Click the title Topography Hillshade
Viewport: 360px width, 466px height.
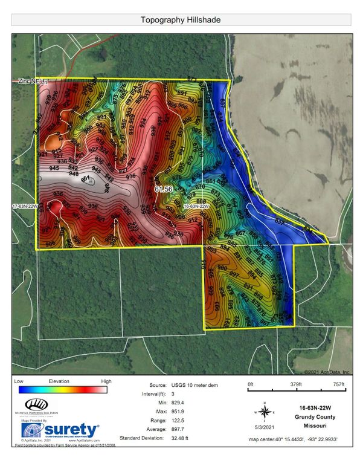180,20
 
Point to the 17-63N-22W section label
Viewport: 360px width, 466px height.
25,207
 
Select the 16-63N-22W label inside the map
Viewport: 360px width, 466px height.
196,207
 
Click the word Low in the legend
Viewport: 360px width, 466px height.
19,381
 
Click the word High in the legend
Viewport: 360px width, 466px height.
106,381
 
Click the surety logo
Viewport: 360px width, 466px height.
60,430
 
